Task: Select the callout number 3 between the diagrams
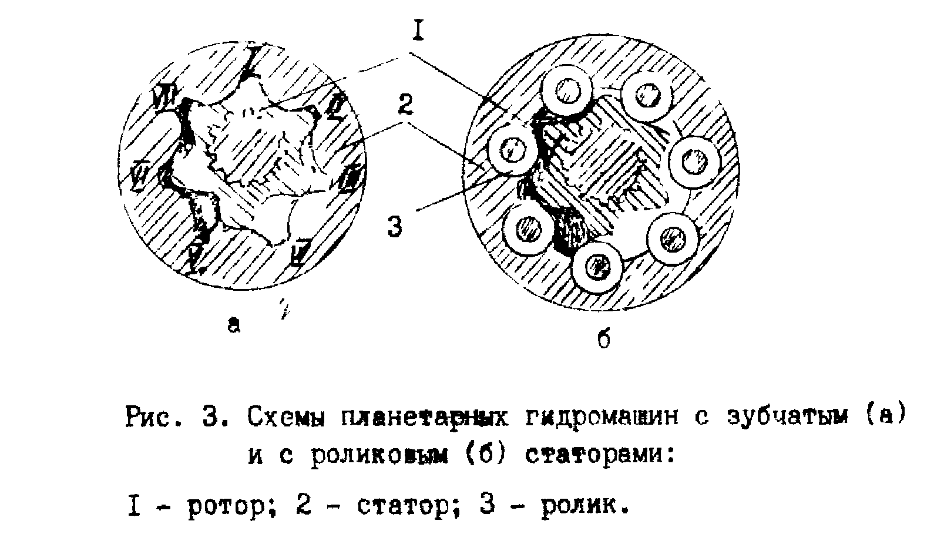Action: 395,226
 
